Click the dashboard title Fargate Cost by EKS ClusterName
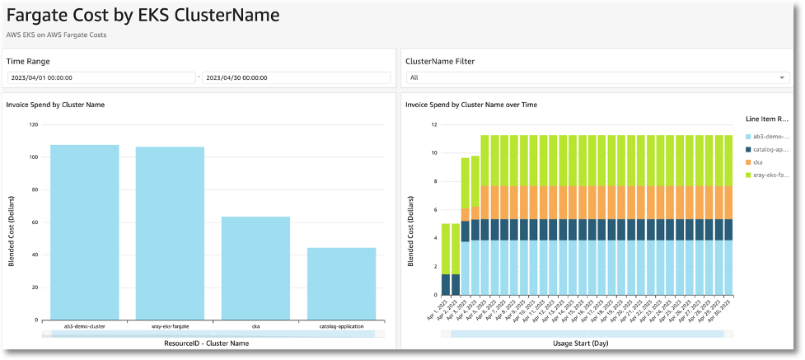pos(143,16)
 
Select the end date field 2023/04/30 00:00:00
pos(296,77)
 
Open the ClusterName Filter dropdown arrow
pos(782,77)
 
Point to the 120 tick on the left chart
pos(34,125)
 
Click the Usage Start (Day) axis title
pos(587,343)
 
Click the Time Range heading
pos(28,61)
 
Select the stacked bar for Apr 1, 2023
pos(446,259)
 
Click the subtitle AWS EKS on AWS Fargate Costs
pos(57,35)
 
